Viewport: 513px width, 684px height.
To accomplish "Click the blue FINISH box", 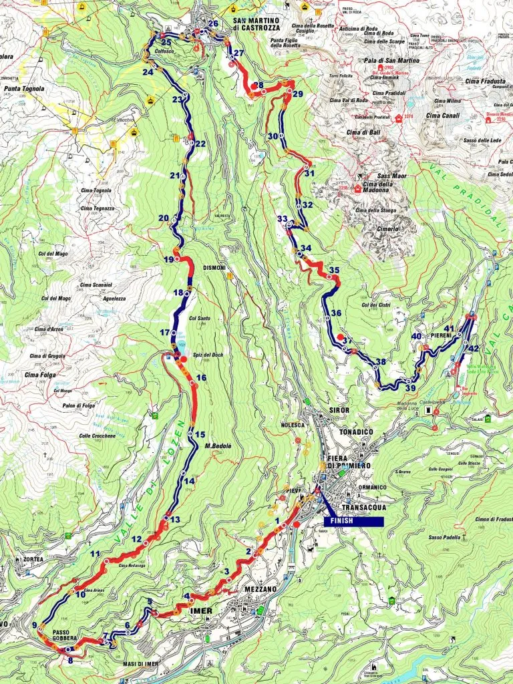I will [x=353, y=521].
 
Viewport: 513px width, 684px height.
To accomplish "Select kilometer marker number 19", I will [x=168, y=259].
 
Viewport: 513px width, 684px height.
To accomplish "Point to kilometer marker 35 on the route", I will [x=334, y=270].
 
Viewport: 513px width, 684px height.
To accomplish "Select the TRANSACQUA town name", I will [x=361, y=507].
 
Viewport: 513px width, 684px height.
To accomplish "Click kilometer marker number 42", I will [x=474, y=349].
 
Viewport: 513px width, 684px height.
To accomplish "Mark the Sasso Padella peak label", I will [x=436, y=537].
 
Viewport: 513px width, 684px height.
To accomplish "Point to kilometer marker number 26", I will [x=213, y=24].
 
